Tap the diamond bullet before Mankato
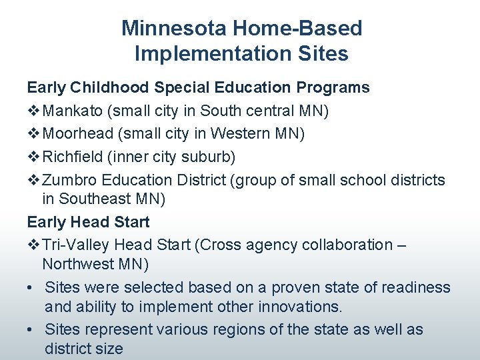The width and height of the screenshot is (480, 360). point(33,111)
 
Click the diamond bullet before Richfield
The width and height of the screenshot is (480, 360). point(33,157)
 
